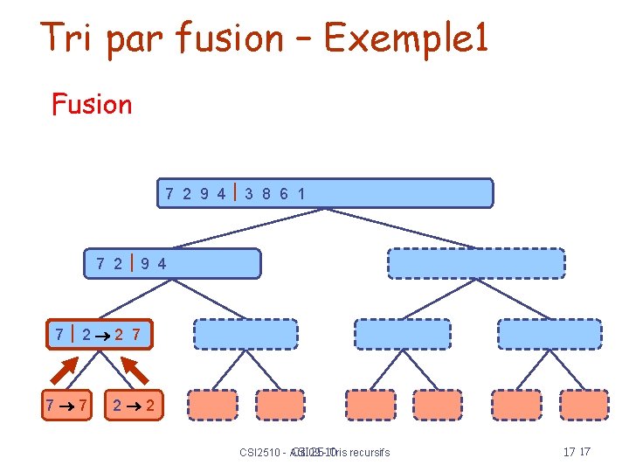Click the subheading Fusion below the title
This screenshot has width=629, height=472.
tap(92, 104)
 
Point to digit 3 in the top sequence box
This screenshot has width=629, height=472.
tap(250, 193)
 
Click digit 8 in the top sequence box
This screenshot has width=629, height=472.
tap(267, 193)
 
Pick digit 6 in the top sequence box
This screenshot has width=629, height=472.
tap(285, 193)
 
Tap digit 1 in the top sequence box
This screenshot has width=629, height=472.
tap(301, 193)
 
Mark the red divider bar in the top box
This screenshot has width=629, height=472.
tap(235, 192)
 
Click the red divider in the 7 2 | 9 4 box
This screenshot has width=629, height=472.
tap(131, 262)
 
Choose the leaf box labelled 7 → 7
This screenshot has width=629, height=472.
tap(67, 406)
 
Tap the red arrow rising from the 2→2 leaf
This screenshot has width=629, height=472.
tap(134, 371)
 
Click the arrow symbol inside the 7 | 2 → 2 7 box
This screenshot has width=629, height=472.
tap(106, 334)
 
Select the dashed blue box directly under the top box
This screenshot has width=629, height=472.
tap(476, 263)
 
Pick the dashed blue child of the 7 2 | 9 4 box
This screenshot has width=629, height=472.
tap(233, 334)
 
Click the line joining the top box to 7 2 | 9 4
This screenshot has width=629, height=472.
tap(249, 229)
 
